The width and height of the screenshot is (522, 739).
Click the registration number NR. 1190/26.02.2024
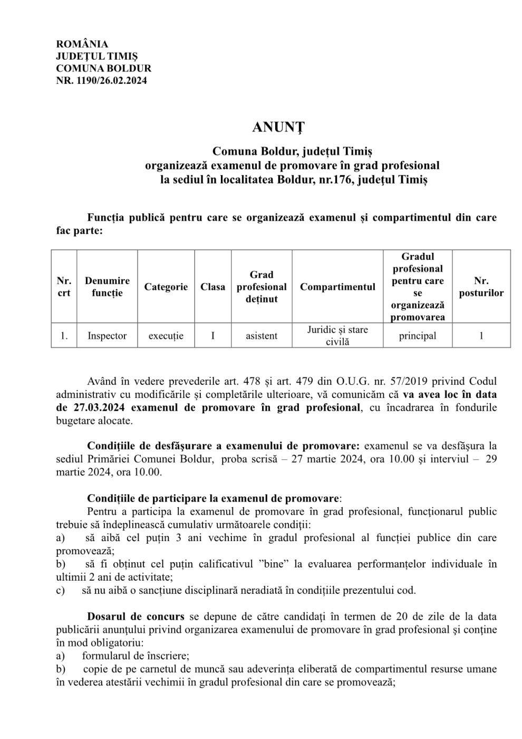click(101, 81)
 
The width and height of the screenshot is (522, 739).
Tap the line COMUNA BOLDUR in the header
click(103, 68)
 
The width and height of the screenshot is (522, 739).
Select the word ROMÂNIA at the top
click(82, 44)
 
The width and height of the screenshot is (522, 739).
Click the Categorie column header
click(166, 287)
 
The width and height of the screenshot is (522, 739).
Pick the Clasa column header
click(212, 287)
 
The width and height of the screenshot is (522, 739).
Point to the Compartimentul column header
click(337, 287)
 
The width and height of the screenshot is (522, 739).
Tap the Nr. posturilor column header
click(481, 287)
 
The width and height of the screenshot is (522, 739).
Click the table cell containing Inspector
click(107, 336)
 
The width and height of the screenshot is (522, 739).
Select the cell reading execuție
click(166, 336)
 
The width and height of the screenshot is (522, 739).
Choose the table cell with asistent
click(262, 336)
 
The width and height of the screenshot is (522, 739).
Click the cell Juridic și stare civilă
click(337, 336)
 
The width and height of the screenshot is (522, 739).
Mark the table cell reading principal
click(418, 336)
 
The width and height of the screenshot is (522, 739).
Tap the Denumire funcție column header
click(107, 287)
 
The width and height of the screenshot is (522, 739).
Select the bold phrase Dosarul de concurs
click(136, 617)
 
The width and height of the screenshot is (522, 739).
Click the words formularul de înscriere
click(136, 656)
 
